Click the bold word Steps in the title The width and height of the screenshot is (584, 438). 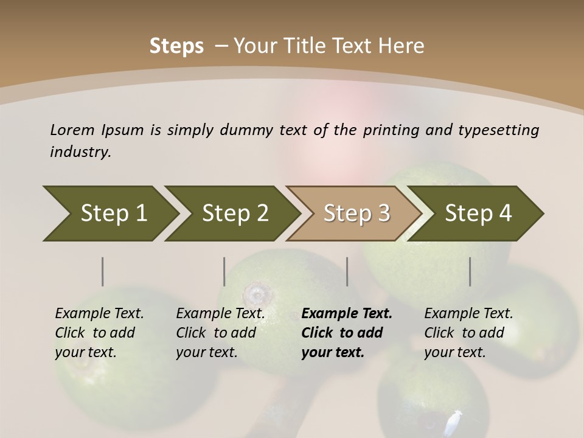(176, 46)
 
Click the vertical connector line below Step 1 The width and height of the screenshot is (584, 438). (103, 271)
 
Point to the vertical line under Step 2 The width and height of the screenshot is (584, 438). (224, 271)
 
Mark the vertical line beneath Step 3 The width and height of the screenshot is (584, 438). (347, 271)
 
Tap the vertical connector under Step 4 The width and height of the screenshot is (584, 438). (470, 271)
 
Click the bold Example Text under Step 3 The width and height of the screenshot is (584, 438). (347, 314)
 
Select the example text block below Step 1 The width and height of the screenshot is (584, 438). (99, 333)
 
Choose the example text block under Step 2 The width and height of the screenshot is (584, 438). (220, 333)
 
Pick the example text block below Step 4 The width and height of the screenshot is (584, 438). (468, 333)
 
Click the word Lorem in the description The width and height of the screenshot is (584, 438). (72, 130)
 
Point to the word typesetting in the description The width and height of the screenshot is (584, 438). (498, 130)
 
